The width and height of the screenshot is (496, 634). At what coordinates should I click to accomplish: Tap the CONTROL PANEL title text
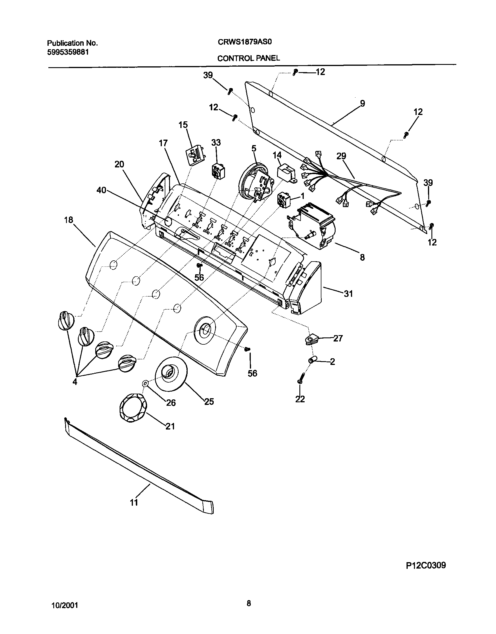249,59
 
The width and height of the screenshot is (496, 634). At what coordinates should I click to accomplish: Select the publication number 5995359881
68,52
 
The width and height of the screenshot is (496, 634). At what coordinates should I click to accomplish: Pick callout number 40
101,191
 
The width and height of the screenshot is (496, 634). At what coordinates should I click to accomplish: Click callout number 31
348,294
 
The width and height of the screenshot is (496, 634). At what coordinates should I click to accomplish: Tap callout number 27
338,338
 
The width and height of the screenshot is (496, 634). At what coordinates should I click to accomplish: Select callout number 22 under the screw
300,399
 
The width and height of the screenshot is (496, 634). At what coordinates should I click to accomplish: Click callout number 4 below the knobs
75,382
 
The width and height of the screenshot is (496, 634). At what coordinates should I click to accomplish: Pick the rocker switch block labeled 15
195,155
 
